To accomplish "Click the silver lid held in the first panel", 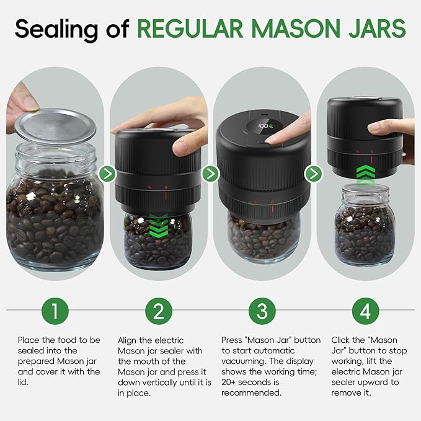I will (x=55, y=126).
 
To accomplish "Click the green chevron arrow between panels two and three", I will (x=211, y=174).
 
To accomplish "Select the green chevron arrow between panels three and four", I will (x=314, y=174).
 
